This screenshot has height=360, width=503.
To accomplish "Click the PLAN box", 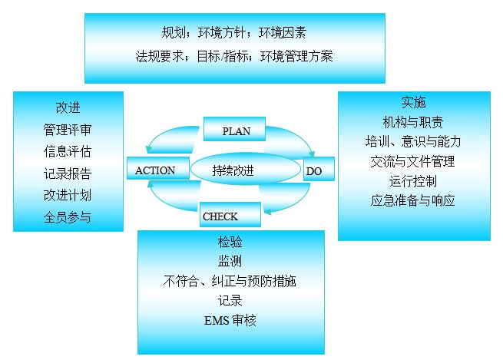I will [237, 130].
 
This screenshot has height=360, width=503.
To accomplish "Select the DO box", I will [314, 171].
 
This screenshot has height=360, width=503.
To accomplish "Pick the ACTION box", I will [155, 170].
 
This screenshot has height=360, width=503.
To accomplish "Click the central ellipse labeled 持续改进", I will [243, 170].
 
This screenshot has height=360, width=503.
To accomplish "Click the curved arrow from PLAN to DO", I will [296, 137].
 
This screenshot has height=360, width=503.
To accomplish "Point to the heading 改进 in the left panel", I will [68, 107].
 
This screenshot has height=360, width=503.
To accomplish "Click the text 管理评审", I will [68, 128].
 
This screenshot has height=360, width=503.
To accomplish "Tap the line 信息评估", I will [68, 150].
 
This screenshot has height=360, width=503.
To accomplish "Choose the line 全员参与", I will [68, 216].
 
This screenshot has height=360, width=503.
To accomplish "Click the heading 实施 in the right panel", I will [413, 102].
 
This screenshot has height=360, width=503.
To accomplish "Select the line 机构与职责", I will [412, 122].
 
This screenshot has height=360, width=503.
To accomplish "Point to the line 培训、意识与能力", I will [412, 142].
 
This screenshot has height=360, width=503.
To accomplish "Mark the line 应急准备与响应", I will [412, 201].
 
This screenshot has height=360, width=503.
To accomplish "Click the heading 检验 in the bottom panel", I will [230, 243].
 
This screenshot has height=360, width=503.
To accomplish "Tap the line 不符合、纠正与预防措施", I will [230, 281].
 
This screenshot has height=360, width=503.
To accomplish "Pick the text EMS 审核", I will [230, 320].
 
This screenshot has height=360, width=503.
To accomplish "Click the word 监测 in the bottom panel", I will [230, 262].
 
